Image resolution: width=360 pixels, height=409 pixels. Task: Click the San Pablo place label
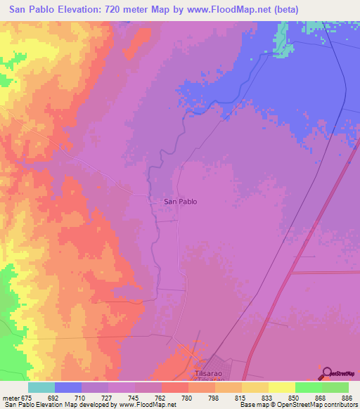click(180, 202)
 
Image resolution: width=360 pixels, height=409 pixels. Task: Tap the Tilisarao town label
click(209, 375)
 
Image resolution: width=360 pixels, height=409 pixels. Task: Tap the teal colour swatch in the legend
click(41, 387)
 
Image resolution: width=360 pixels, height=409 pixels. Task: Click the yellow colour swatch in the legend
click(281, 387)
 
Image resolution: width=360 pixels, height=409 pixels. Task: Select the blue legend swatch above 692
click(68, 387)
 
